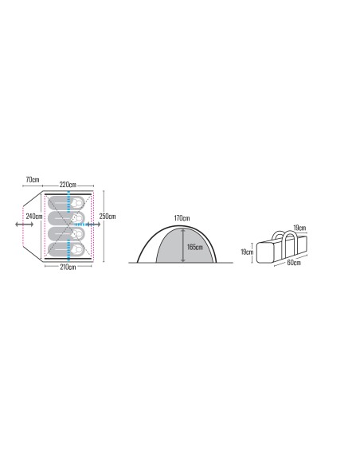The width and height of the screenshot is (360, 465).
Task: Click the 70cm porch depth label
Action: point(33,180)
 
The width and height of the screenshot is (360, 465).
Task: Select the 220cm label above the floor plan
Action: point(68,185)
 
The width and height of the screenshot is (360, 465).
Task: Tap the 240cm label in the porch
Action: point(34,217)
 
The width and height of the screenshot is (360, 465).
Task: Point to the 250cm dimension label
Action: point(108,217)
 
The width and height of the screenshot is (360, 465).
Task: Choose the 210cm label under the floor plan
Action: point(68,267)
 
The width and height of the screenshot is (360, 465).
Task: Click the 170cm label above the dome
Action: point(182,218)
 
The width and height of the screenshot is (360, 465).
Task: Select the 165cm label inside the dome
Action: point(195,247)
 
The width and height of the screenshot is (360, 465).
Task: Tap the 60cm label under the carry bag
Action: point(294,263)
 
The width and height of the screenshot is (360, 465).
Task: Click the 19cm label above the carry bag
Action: point(299,228)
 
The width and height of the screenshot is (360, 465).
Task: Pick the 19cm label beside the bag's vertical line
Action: point(247,252)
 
